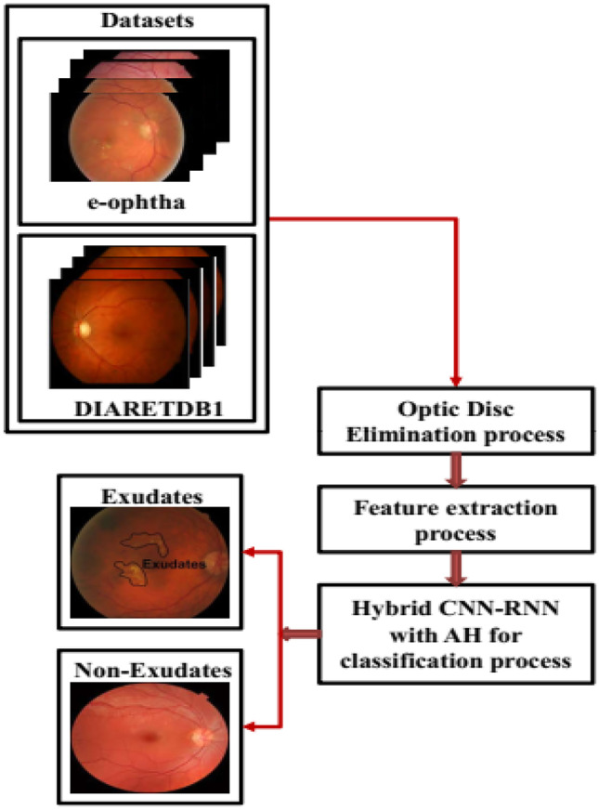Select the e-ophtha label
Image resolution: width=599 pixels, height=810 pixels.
click(136, 198)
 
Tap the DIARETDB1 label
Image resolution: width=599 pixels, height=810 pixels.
click(136, 407)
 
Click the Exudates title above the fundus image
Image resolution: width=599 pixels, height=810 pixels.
click(150, 496)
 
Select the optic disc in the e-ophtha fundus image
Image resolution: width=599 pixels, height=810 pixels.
click(146, 127)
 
